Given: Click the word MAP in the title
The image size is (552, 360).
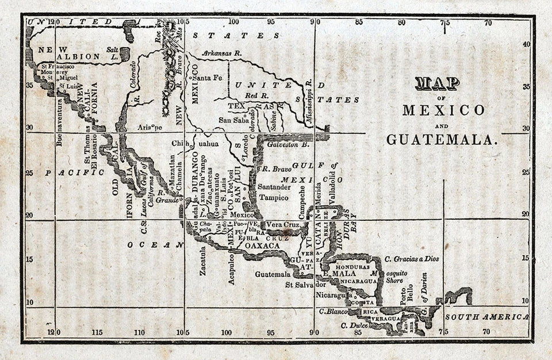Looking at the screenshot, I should click(x=437, y=83).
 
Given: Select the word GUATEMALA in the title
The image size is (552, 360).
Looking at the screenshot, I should click(x=440, y=140).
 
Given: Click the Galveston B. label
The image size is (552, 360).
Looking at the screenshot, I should click(x=288, y=145).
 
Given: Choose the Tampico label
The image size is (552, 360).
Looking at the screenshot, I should click(x=274, y=197).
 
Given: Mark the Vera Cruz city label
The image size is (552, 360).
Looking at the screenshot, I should click(x=281, y=224).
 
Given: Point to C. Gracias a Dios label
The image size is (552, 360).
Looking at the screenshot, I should click(x=412, y=259).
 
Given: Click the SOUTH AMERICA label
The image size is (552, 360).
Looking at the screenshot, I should click(x=486, y=317).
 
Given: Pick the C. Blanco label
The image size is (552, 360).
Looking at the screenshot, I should click(x=333, y=311).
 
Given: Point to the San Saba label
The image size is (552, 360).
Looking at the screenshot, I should click(x=233, y=120).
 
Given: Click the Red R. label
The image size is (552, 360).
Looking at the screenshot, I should click(x=256, y=95).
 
